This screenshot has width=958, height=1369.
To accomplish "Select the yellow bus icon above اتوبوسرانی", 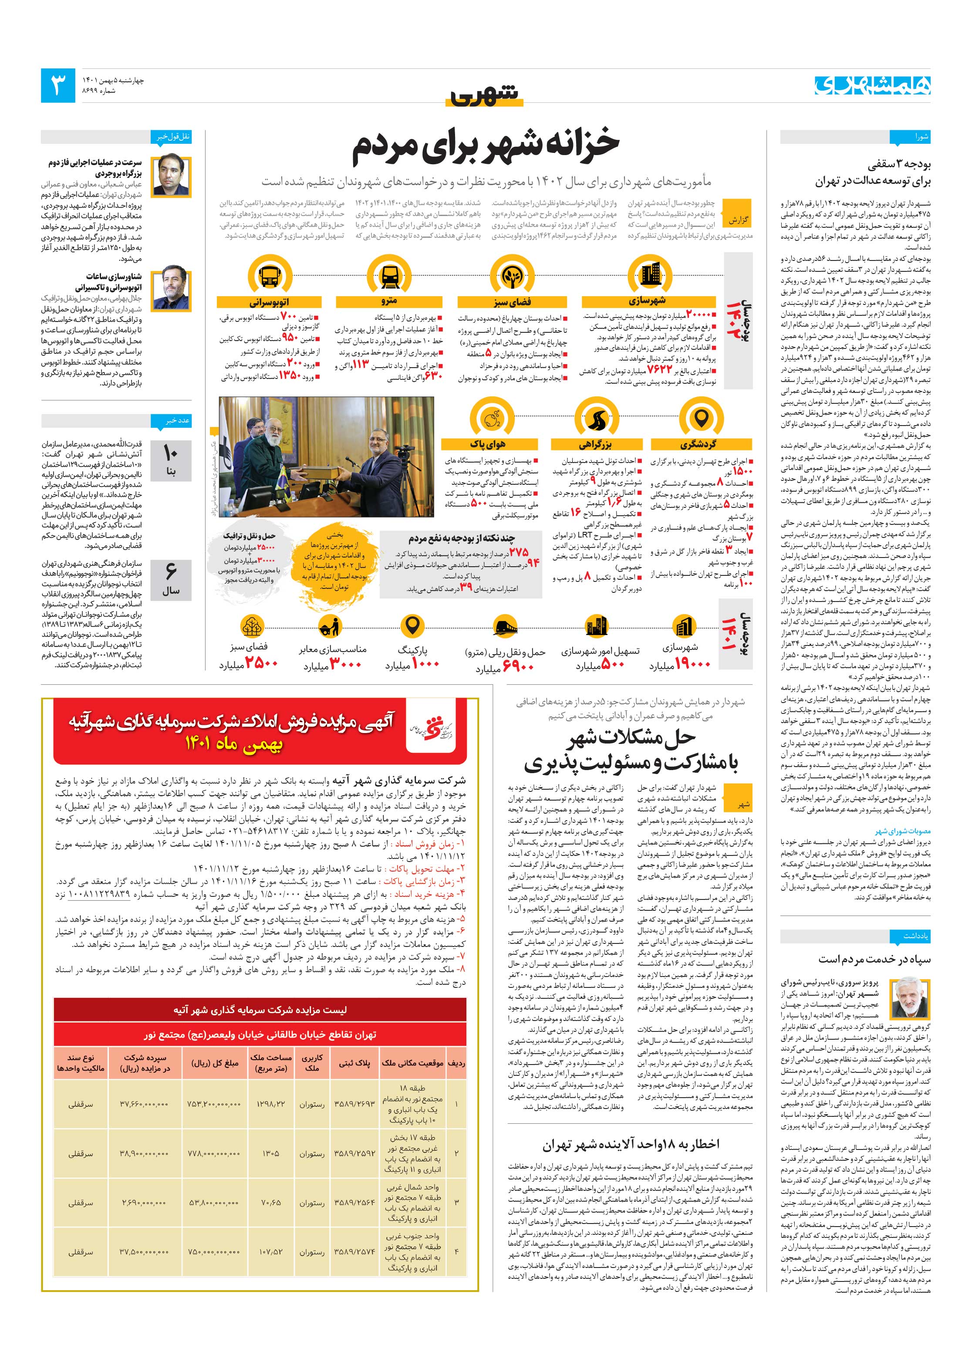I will click(270, 275).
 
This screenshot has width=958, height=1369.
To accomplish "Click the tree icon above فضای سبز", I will click(512, 275).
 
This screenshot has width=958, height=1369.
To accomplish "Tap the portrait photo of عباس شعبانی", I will click(171, 176).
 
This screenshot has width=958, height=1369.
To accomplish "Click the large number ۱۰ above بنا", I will click(171, 454).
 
